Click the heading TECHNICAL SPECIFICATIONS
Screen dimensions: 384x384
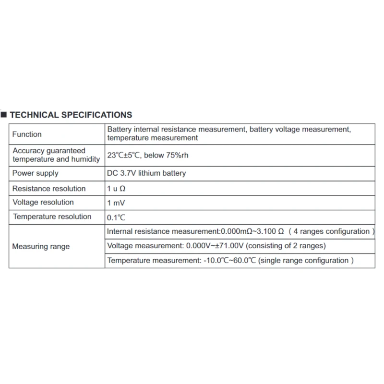click(x=71, y=115)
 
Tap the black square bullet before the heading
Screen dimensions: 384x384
click(x=4, y=115)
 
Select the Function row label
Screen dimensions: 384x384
click(x=27, y=134)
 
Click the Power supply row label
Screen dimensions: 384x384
click(x=35, y=173)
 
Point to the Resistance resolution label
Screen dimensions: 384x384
click(x=49, y=189)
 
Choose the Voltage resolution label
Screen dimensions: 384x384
click(x=43, y=203)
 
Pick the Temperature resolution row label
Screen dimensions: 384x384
click(x=52, y=217)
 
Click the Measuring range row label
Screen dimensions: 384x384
click(x=41, y=247)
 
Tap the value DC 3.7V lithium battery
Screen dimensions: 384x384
click(x=146, y=173)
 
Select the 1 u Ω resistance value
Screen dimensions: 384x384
click(x=116, y=189)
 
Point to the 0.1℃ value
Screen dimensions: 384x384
click(x=116, y=217)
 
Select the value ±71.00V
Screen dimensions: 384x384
click(x=232, y=246)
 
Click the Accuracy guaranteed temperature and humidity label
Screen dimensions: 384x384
click(x=56, y=155)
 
